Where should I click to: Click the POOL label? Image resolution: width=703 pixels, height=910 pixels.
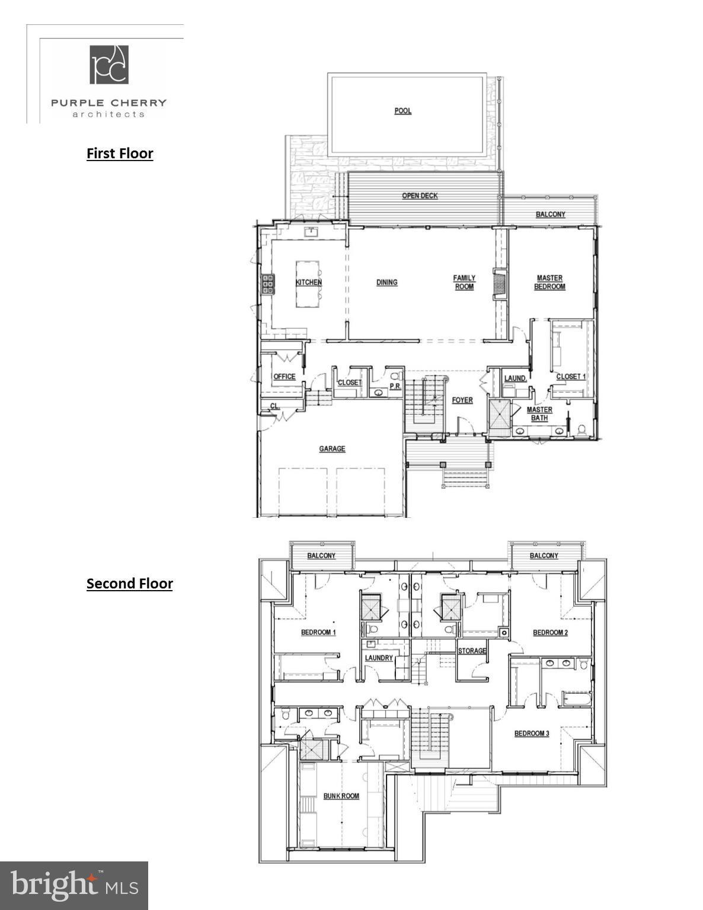tap(402, 111)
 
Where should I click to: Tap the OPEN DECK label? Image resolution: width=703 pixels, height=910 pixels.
tap(420, 196)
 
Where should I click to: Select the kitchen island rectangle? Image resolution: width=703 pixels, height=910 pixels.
tap(309, 284)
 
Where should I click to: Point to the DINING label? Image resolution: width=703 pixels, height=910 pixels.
tap(386, 283)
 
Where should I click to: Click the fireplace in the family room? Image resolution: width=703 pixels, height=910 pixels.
tap(500, 283)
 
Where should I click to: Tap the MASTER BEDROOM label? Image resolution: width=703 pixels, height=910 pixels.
tap(550, 282)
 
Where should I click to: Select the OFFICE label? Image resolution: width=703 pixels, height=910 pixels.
tap(284, 377)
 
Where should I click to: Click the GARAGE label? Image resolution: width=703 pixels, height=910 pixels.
tap(332, 449)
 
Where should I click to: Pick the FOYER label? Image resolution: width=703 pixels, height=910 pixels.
tap(462, 400)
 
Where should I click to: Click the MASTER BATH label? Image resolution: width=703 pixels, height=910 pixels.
tap(539, 414)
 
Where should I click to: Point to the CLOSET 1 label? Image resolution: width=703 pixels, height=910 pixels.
tap(571, 377)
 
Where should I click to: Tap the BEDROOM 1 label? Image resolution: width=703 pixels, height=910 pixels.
tap(318, 632)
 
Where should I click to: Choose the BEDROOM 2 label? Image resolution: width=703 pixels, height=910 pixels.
tap(550, 633)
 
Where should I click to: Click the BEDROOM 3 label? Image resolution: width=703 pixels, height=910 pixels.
tap(532, 733)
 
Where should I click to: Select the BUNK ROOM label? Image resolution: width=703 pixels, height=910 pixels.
tap(341, 796)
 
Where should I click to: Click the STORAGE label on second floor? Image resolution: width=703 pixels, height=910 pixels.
tap(472, 651)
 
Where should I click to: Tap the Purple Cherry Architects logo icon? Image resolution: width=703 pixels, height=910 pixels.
tap(109, 65)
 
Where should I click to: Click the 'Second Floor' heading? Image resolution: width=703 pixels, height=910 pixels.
tap(129, 584)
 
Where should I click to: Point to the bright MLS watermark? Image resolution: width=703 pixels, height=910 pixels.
tap(74, 886)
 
